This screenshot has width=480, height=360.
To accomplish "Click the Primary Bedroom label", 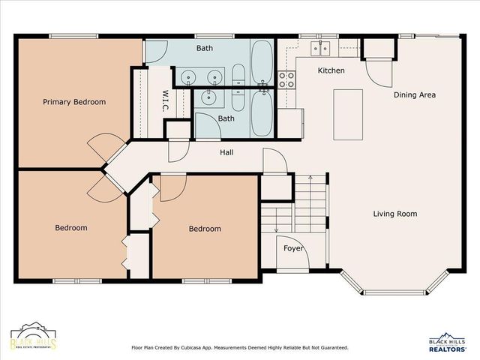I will point(74,102).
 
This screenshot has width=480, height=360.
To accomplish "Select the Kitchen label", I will point(331,70).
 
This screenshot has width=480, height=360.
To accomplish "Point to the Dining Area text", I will point(415,95).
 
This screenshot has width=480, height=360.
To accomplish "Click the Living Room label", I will point(395,214).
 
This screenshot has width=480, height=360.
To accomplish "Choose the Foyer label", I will point(293,248).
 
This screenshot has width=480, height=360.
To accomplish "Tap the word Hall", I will point(226,152).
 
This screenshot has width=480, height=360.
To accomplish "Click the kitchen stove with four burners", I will point(286,79).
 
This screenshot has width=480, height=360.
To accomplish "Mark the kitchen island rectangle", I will point(348,114).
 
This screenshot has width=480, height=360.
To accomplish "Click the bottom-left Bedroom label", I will point(71,228).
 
